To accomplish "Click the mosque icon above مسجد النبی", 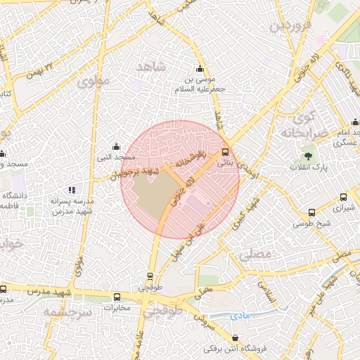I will [116, 146].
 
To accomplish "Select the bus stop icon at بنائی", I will [225, 152].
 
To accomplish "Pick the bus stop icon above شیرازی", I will [343, 198].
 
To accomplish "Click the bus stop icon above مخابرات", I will [117, 297].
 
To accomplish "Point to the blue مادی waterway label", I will [240, 317].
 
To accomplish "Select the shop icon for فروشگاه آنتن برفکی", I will [235, 337].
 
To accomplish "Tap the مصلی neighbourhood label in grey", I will [255, 257].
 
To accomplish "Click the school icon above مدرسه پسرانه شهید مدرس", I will [71, 190].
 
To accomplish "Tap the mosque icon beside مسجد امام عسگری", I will [356, 132].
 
